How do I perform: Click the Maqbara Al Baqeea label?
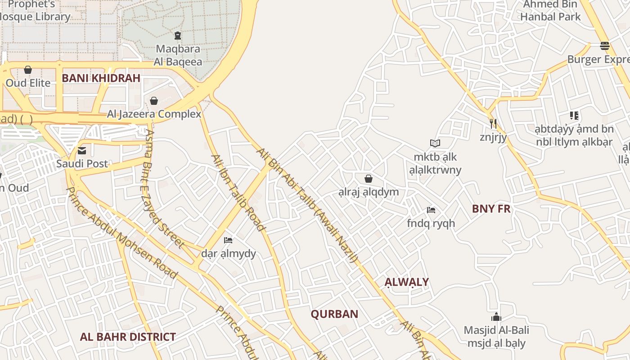click(178, 55)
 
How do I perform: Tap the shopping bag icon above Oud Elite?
click(28, 70)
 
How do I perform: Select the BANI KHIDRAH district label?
click(101, 78)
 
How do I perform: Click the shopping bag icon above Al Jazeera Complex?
click(154, 100)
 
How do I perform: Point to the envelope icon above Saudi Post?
click(82, 150)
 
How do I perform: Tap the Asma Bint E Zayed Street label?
click(165, 189)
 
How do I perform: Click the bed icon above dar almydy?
click(228, 240)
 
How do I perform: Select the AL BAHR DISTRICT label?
click(128, 337)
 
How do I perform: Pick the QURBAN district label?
click(334, 314)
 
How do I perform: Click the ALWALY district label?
click(406, 282)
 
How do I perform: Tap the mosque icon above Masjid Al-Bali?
click(496, 317)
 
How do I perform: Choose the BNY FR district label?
click(491, 209)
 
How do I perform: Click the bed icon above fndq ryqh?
click(431, 210)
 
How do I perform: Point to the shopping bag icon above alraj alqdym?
click(369, 179)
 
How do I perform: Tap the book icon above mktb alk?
click(435, 143)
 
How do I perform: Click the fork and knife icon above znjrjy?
click(493, 123)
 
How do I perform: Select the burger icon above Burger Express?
click(605, 46)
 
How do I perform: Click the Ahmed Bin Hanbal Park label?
click(550, 11)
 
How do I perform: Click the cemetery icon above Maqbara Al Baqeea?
click(178, 35)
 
